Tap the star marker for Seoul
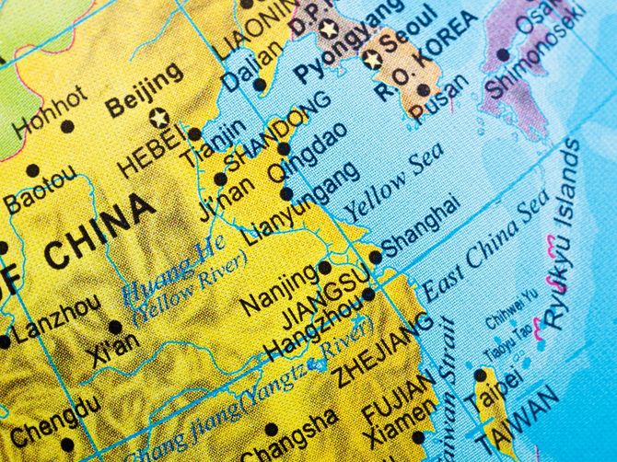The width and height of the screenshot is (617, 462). [x=373, y=59]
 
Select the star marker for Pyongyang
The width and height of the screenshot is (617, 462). [x=329, y=28]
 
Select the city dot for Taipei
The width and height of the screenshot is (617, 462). [x=480, y=375]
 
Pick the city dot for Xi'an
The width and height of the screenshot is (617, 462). [x=115, y=326]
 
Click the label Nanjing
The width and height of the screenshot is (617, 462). [x=277, y=286]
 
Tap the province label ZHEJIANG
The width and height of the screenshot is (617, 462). [x=382, y=349]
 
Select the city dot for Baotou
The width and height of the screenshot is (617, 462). [x=33, y=169]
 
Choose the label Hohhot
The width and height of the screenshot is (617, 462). [x=50, y=110]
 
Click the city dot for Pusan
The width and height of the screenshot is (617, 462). [x=423, y=90]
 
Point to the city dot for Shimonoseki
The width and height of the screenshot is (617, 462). [x=503, y=54]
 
